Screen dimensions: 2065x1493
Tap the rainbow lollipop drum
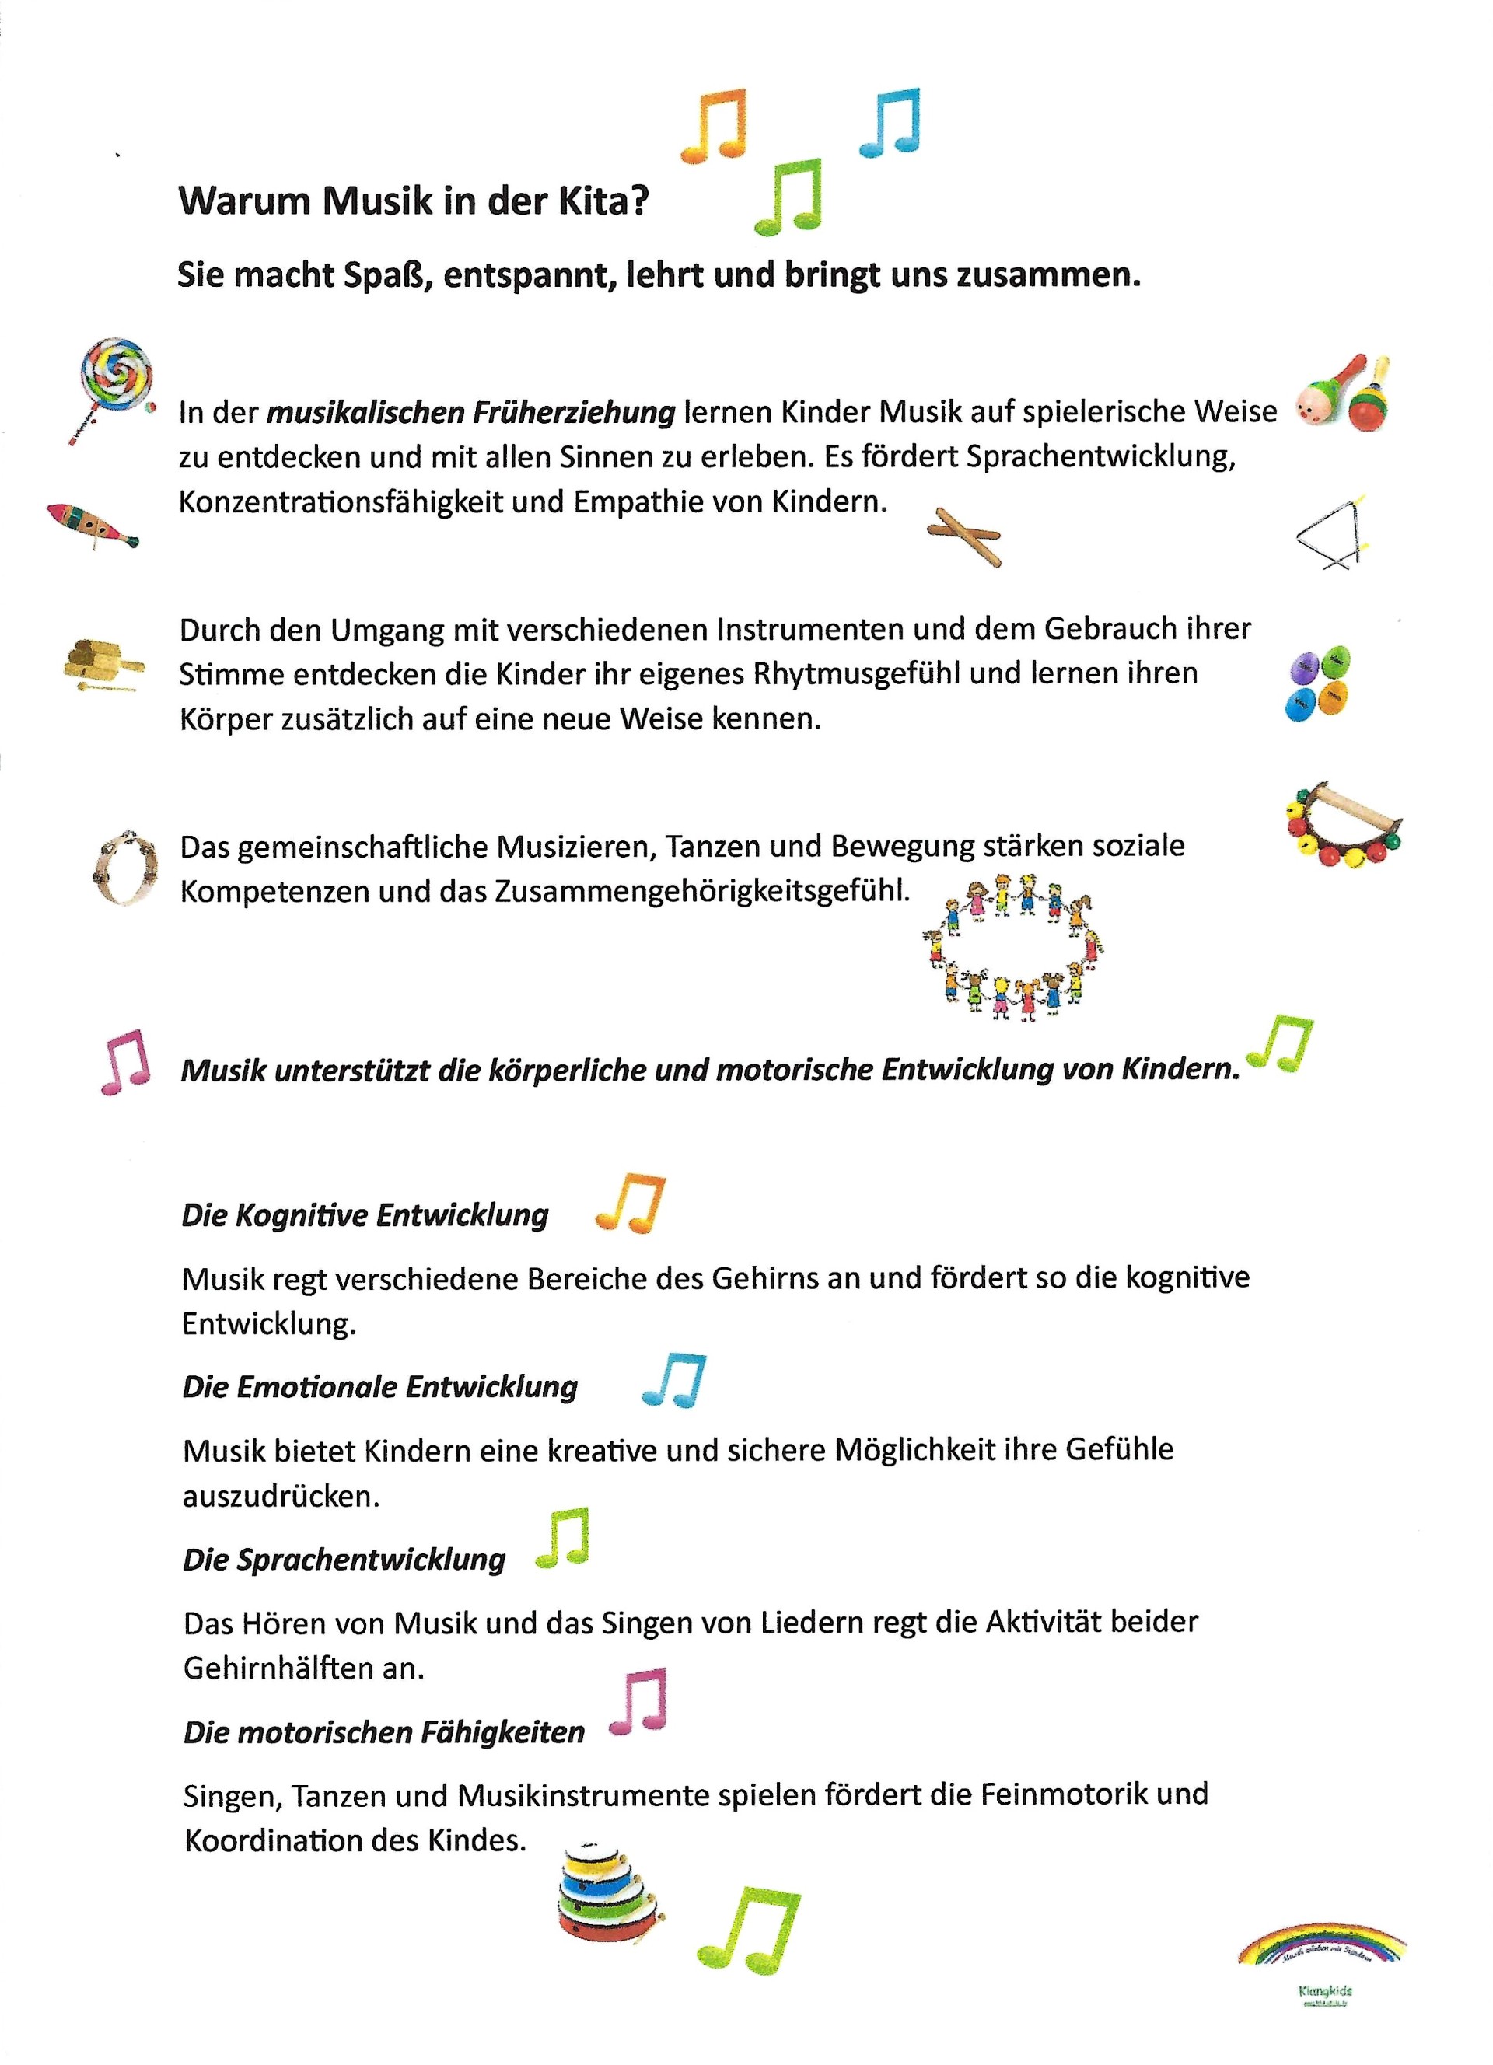click(113, 382)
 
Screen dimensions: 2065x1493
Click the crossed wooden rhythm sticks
click(963, 536)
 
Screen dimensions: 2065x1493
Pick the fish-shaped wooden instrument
click(92, 526)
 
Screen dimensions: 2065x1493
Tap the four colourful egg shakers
click(1318, 683)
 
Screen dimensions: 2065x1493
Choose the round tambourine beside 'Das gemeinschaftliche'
click(124, 868)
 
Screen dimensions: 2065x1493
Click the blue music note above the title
click(890, 124)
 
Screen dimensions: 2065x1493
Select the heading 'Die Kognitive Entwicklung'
click(365, 1214)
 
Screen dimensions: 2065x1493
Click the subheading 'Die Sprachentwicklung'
click(344, 1560)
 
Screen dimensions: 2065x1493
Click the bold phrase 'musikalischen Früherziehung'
click(470, 412)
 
